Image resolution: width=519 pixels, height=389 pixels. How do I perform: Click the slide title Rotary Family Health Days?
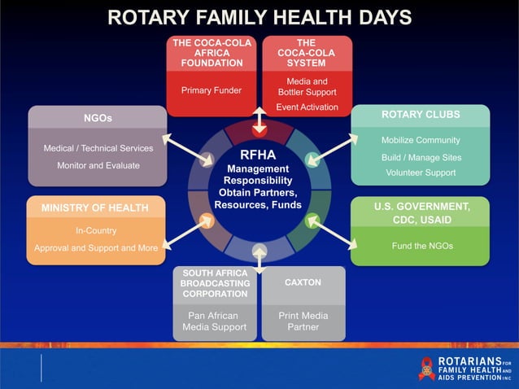pyautogui.click(x=259, y=18)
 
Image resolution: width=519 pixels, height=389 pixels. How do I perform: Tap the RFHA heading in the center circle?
pyautogui.click(x=258, y=155)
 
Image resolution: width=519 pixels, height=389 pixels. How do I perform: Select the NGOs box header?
pyautogui.click(x=98, y=119)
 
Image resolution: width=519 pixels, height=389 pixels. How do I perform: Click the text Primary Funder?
pyautogui.click(x=211, y=90)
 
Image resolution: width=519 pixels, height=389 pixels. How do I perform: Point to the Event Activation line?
pyautogui.click(x=307, y=107)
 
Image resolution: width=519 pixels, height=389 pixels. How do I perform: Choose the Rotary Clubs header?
pyautogui.click(x=421, y=115)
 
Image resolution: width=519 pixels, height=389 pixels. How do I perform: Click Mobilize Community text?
pyautogui.click(x=421, y=140)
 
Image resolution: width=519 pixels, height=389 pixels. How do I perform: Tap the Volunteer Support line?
pyautogui.click(x=421, y=173)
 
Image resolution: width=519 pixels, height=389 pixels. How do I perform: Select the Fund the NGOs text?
pyautogui.click(x=421, y=246)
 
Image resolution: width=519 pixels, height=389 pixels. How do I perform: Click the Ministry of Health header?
pyautogui.click(x=95, y=208)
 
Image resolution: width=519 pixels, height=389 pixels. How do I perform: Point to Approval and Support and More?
pyautogui.click(x=96, y=247)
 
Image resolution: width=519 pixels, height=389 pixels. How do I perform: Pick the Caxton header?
pyautogui.click(x=303, y=282)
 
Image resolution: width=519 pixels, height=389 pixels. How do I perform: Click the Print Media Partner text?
pyautogui.click(x=303, y=321)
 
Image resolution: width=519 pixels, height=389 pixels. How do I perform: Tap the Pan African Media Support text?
pyautogui.click(x=215, y=321)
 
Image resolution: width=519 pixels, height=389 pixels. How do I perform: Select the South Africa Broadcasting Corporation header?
pyautogui.click(x=215, y=282)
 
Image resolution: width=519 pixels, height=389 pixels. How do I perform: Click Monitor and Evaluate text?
pyautogui.click(x=98, y=165)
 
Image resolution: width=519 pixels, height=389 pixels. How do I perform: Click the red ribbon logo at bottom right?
pyautogui.click(x=427, y=369)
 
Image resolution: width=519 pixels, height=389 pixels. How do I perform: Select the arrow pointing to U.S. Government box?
pyautogui.click(x=334, y=232)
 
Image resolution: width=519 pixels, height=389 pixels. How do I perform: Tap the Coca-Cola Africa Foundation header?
pyautogui.click(x=212, y=52)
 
